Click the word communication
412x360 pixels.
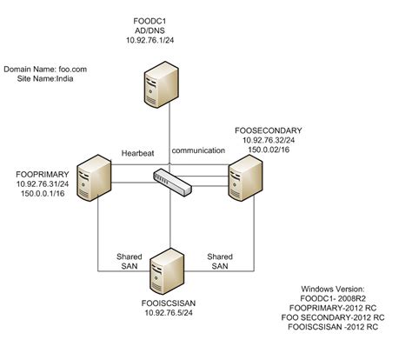(197, 150)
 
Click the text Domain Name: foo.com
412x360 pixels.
(45, 67)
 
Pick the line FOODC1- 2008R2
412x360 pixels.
(335, 298)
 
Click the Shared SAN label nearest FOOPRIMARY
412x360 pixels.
(130, 261)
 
